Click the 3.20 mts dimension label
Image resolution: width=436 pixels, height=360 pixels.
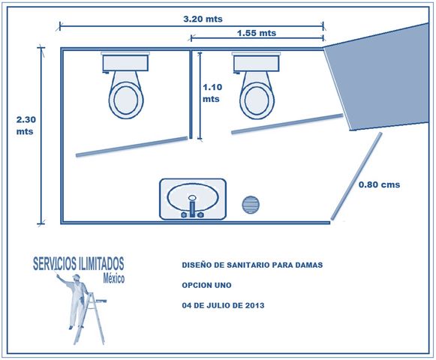(203, 19)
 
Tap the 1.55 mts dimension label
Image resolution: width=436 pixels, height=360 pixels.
(257, 33)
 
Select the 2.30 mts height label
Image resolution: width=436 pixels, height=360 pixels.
(26, 125)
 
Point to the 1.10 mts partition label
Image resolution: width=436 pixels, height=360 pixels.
(212, 93)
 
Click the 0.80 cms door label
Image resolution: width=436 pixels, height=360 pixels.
(379, 184)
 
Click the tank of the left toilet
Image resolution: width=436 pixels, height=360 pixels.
(125, 63)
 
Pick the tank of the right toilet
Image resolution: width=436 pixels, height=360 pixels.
(256, 63)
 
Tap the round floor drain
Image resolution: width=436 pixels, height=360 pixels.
(251, 205)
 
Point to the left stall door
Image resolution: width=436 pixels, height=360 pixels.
(132, 146)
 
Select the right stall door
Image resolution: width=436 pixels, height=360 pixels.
(287, 124)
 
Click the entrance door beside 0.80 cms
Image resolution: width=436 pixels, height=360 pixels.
(356, 176)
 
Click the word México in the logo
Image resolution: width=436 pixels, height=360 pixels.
(114, 278)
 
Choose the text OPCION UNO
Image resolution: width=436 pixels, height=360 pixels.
(206, 285)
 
